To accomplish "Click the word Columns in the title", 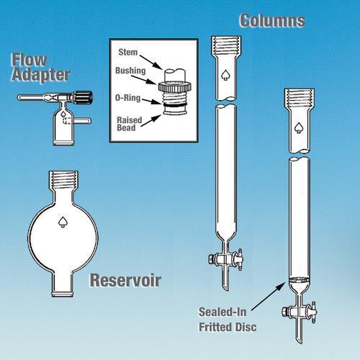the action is [x=272, y=21].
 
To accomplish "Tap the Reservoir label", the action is [x=125, y=280].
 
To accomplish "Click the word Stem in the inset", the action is [x=128, y=52].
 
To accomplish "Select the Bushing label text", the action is [x=130, y=71].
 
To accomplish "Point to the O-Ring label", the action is [x=128, y=98].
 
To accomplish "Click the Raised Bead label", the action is [x=130, y=124].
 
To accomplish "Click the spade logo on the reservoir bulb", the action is [x=63, y=222].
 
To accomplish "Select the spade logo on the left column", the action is [x=226, y=75].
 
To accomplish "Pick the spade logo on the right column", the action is [x=299, y=127].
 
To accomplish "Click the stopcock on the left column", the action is [x=225, y=260].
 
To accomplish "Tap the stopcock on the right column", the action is [x=300, y=312].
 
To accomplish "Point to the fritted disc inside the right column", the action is [x=299, y=280].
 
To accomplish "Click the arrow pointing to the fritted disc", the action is [x=269, y=296].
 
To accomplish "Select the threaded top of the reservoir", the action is [x=63, y=179].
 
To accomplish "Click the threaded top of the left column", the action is [x=226, y=45].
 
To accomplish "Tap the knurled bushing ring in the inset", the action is [x=175, y=86].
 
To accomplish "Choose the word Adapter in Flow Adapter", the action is [x=40, y=75].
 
